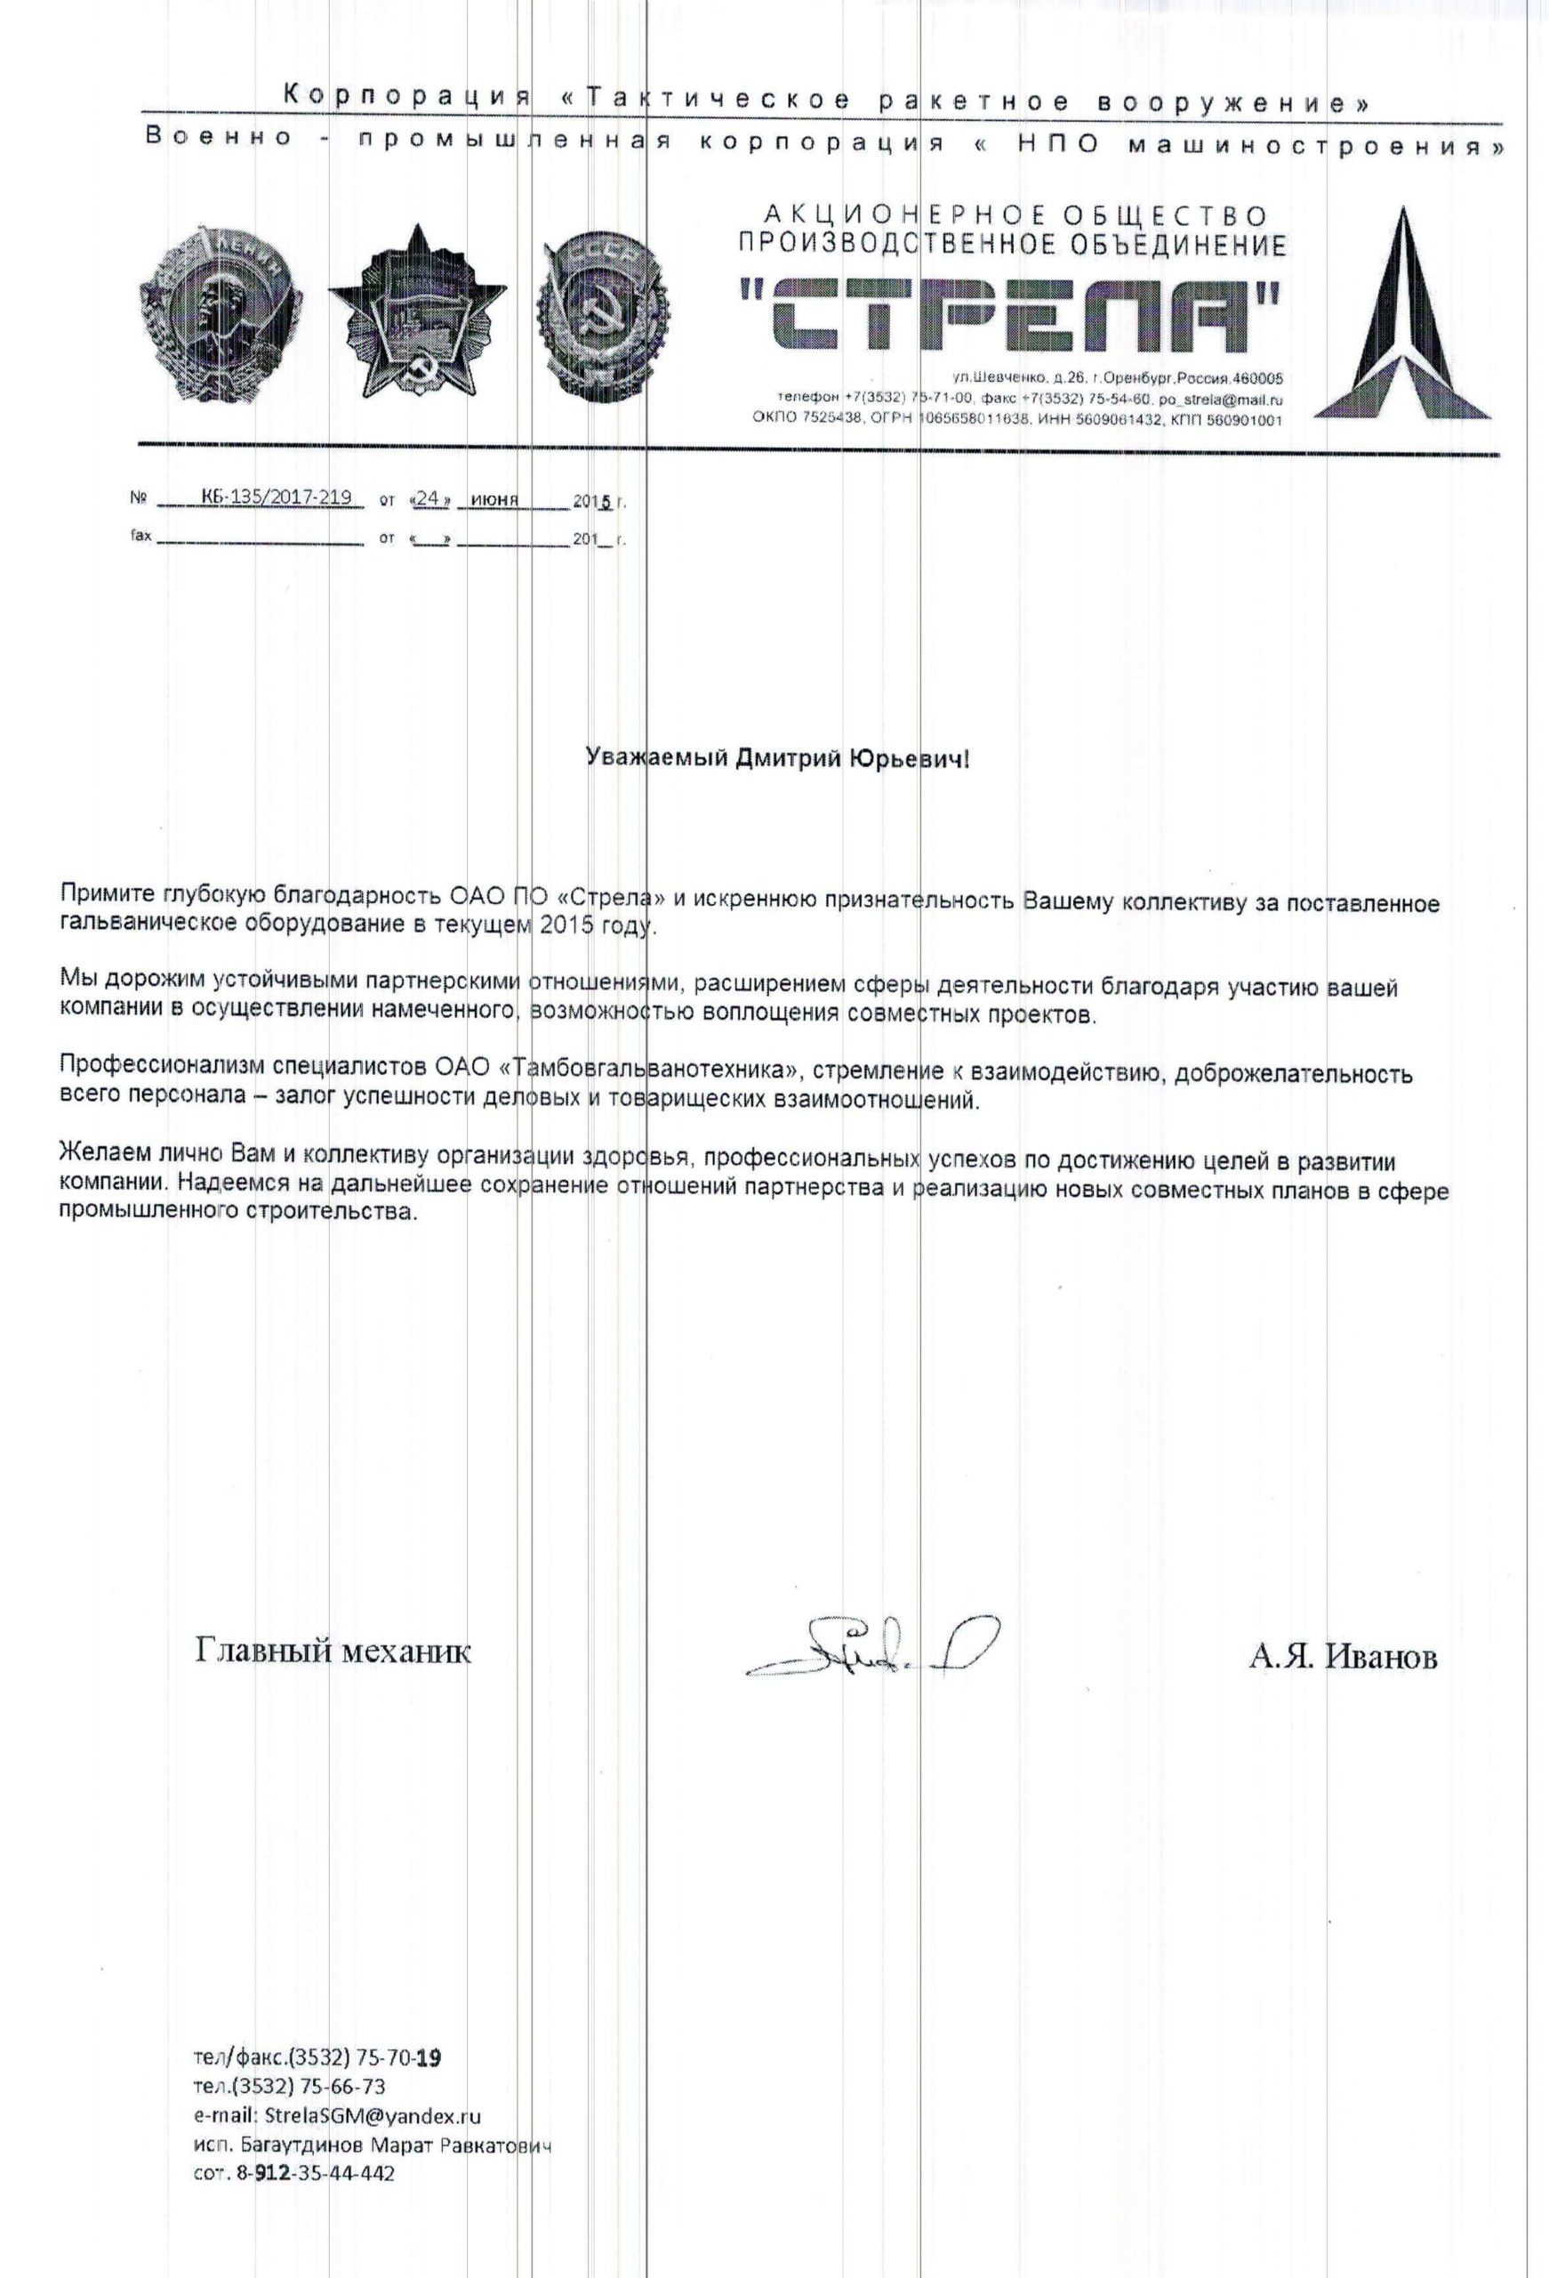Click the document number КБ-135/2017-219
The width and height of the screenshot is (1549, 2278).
point(276,498)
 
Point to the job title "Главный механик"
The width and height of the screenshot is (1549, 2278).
point(333,1652)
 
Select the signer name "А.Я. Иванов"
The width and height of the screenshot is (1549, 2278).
point(1343,1657)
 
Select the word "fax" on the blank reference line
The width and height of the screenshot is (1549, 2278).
point(140,538)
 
